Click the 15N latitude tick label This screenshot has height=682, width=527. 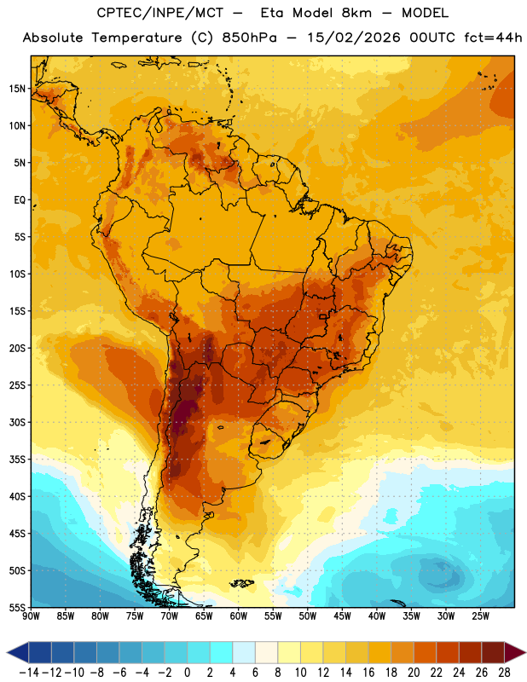17,89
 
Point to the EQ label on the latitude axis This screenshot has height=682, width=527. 20,200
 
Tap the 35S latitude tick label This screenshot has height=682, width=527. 17,459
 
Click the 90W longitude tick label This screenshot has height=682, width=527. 31,616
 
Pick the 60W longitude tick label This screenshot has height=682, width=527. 239,616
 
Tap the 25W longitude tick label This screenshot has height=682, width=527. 481,616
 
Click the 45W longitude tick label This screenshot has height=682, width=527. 343,616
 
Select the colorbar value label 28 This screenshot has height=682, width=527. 504,673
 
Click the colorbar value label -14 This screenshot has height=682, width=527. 29,673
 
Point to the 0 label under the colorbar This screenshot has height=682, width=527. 187,673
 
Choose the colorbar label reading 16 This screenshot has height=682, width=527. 368,673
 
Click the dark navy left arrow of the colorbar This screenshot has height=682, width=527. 18,652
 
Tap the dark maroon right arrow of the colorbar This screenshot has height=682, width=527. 515,652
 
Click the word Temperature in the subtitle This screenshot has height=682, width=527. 136,38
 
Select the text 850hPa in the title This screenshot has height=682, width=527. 250,38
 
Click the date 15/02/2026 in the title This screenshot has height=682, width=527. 354,38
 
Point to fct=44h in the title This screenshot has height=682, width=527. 494,38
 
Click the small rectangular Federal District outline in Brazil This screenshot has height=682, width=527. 323,316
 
